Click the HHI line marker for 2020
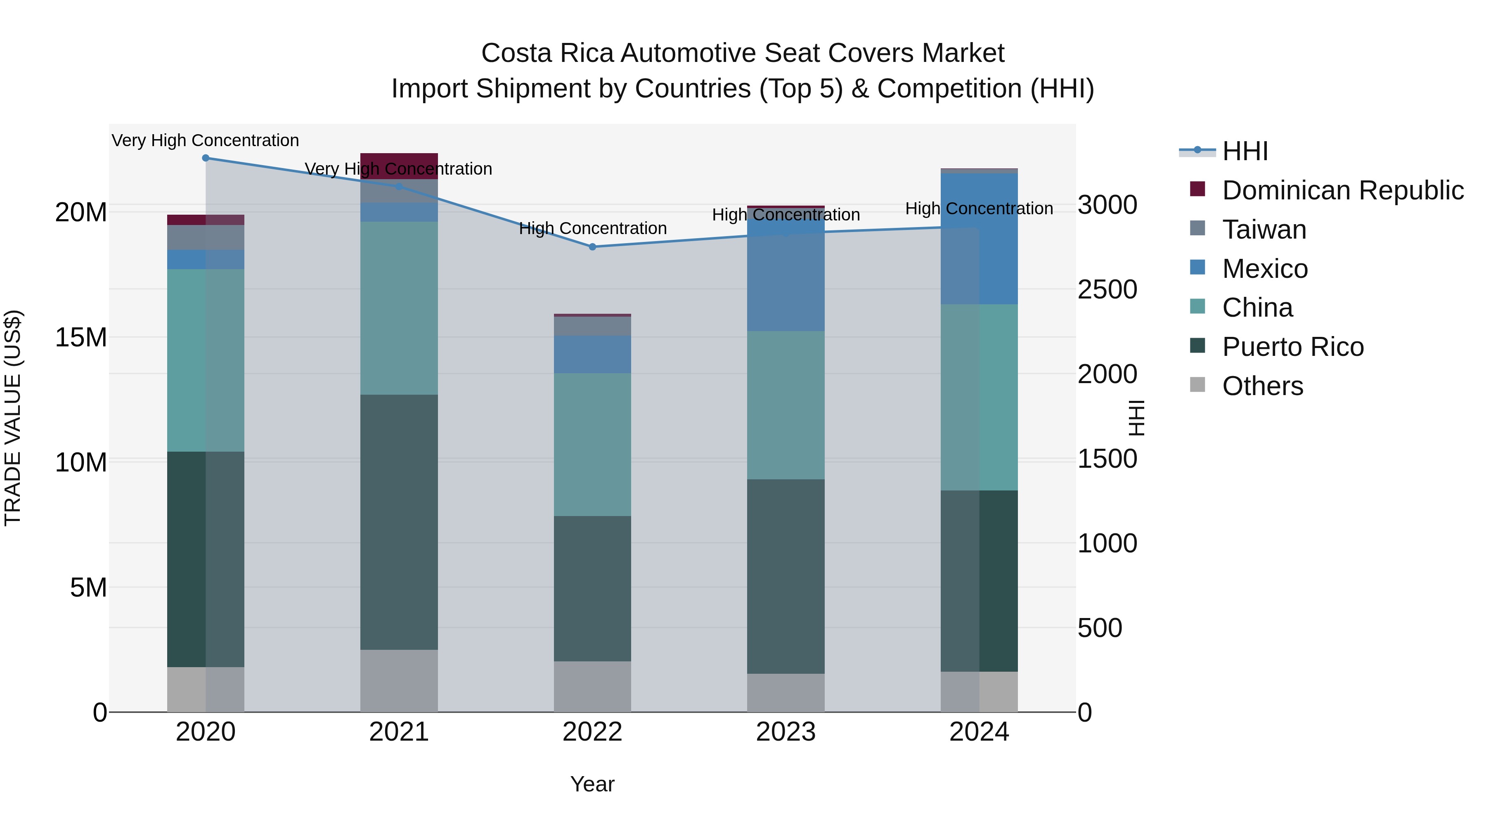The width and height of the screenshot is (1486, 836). tap(206, 158)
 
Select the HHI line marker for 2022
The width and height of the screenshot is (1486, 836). tap(592, 247)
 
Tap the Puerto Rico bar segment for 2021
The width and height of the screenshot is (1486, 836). tap(399, 522)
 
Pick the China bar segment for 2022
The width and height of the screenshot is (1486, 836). tap(592, 444)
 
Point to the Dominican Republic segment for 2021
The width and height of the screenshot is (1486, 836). tap(399, 166)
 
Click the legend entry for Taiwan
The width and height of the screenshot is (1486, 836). tap(1264, 230)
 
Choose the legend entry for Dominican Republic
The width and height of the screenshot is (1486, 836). tap(1342, 190)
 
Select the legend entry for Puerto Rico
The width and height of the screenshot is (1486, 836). tap(1292, 347)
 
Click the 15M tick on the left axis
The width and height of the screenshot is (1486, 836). tap(81, 338)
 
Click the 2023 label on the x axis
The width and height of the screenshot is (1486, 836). tap(785, 732)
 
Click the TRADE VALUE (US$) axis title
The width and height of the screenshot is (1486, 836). tap(13, 418)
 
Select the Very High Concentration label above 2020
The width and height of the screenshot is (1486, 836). tap(206, 141)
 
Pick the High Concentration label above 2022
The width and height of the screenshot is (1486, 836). tap(592, 228)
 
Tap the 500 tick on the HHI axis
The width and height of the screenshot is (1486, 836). tap(1100, 628)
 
